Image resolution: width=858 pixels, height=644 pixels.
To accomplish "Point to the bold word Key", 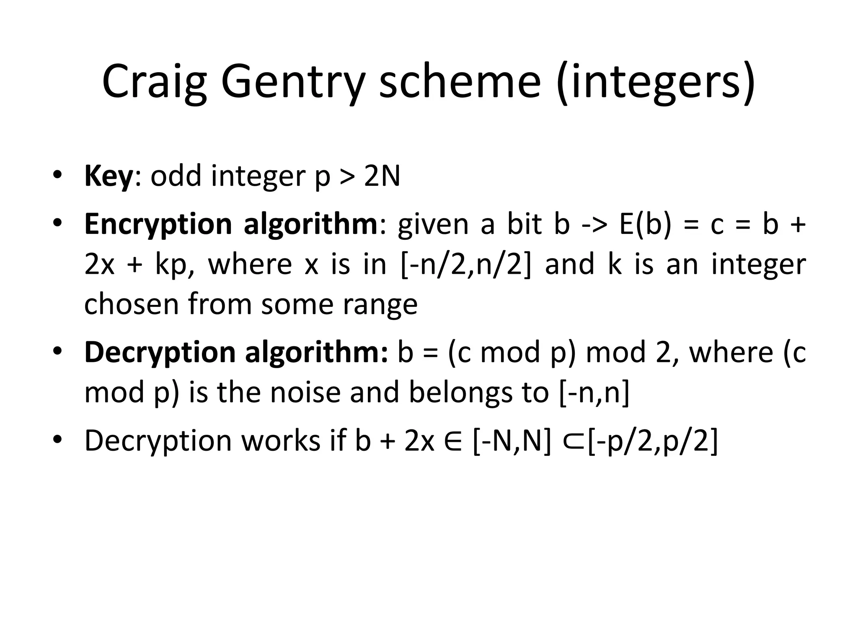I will point(109,176).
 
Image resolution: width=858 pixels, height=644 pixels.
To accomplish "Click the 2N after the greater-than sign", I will point(382,176).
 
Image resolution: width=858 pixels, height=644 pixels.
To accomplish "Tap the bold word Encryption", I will point(158,224).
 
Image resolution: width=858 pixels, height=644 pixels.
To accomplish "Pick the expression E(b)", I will point(645,224).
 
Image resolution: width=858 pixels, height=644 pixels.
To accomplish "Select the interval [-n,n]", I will point(594,392).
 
